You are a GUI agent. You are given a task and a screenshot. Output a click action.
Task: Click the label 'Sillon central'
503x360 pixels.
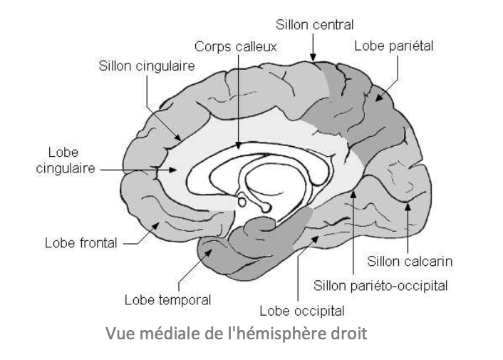314,25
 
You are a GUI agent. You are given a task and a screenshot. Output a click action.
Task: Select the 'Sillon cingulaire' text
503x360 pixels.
145,66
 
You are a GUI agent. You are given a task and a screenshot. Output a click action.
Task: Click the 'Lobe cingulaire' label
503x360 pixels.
63,161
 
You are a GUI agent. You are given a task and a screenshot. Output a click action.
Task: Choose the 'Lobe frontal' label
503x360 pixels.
81,242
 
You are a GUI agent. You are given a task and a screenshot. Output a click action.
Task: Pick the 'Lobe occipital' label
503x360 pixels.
302,311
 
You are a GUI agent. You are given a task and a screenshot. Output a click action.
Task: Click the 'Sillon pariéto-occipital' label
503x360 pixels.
380,286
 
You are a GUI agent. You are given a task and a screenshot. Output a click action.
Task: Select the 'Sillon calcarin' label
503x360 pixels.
410,261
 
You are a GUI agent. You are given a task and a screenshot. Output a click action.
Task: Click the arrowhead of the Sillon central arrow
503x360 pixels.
312,56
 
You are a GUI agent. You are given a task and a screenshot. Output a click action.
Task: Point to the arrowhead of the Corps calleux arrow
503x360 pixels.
239,145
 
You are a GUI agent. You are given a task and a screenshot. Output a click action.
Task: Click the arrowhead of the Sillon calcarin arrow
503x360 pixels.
408,207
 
